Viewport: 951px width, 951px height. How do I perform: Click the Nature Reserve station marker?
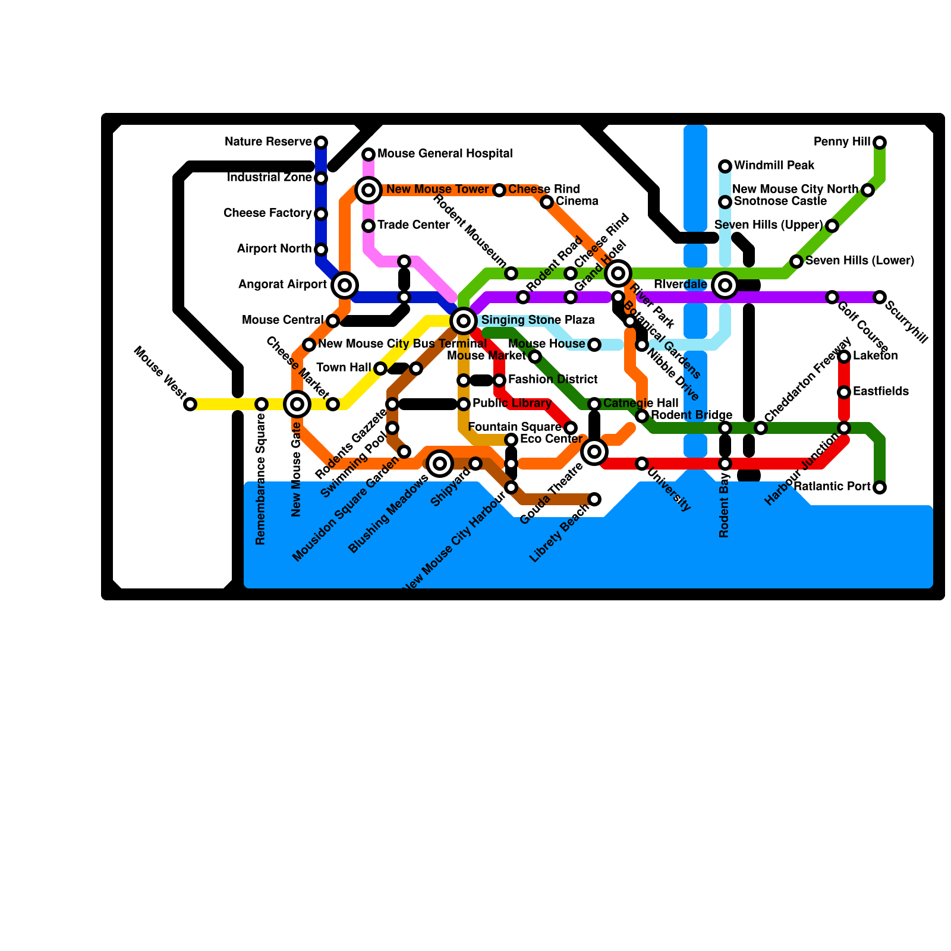[321, 143]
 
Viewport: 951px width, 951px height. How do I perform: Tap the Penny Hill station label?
[842, 142]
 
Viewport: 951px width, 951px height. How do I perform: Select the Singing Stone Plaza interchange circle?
[464, 321]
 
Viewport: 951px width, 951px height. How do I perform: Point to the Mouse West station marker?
[190, 404]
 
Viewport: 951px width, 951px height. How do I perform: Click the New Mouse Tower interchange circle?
[369, 190]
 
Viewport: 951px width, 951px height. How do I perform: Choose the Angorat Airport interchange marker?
[345, 285]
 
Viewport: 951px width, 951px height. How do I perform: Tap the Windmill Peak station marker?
[725, 166]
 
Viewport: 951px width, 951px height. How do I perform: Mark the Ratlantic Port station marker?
[880, 487]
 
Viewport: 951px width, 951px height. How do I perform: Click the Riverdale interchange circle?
[725, 285]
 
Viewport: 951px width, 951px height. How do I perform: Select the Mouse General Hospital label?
[445, 154]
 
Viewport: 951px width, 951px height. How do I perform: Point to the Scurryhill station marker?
[880, 297]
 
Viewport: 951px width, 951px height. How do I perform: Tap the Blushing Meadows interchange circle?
[440, 464]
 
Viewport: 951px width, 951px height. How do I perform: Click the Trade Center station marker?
[369, 226]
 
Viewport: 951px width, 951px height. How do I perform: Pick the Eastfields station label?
[880, 392]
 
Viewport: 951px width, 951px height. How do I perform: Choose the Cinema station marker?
[547, 202]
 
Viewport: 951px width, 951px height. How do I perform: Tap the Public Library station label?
[512, 404]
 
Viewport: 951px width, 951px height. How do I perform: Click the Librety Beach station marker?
[594, 499]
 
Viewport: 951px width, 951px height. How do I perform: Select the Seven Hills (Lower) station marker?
[796, 262]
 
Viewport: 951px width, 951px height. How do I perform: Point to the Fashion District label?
[553, 380]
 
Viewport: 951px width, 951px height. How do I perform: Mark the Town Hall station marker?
[380, 369]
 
